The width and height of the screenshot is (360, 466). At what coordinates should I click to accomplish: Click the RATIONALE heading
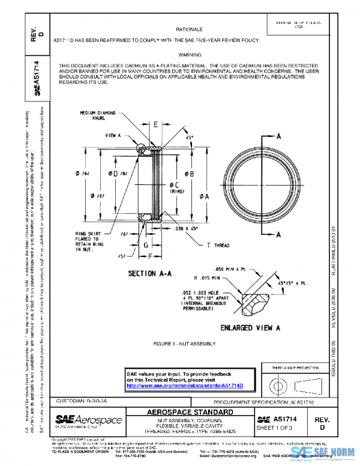tap(189, 29)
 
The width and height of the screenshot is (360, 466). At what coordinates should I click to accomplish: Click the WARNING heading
tap(189, 54)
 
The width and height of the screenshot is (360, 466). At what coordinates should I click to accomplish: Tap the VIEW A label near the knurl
tap(113, 136)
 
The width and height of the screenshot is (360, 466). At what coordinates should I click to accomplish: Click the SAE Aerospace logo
tap(89, 420)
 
